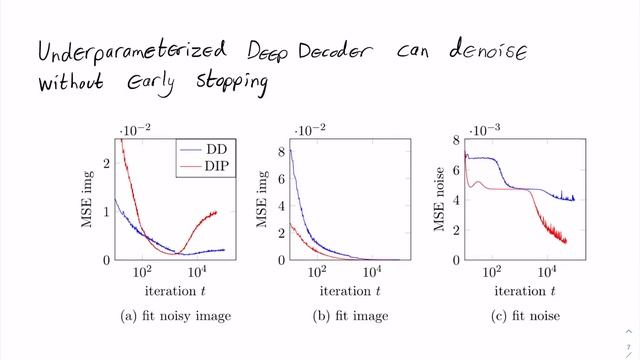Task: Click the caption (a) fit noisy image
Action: pyautogui.click(x=176, y=316)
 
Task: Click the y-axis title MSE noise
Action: pyautogui.click(x=440, y=199)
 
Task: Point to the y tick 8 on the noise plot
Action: pyautogui.click(x=455, y=140)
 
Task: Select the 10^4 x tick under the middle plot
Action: pyautogui.click(x=372, y=272)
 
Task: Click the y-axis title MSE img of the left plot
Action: pyautogui.click(x=89, y=199)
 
